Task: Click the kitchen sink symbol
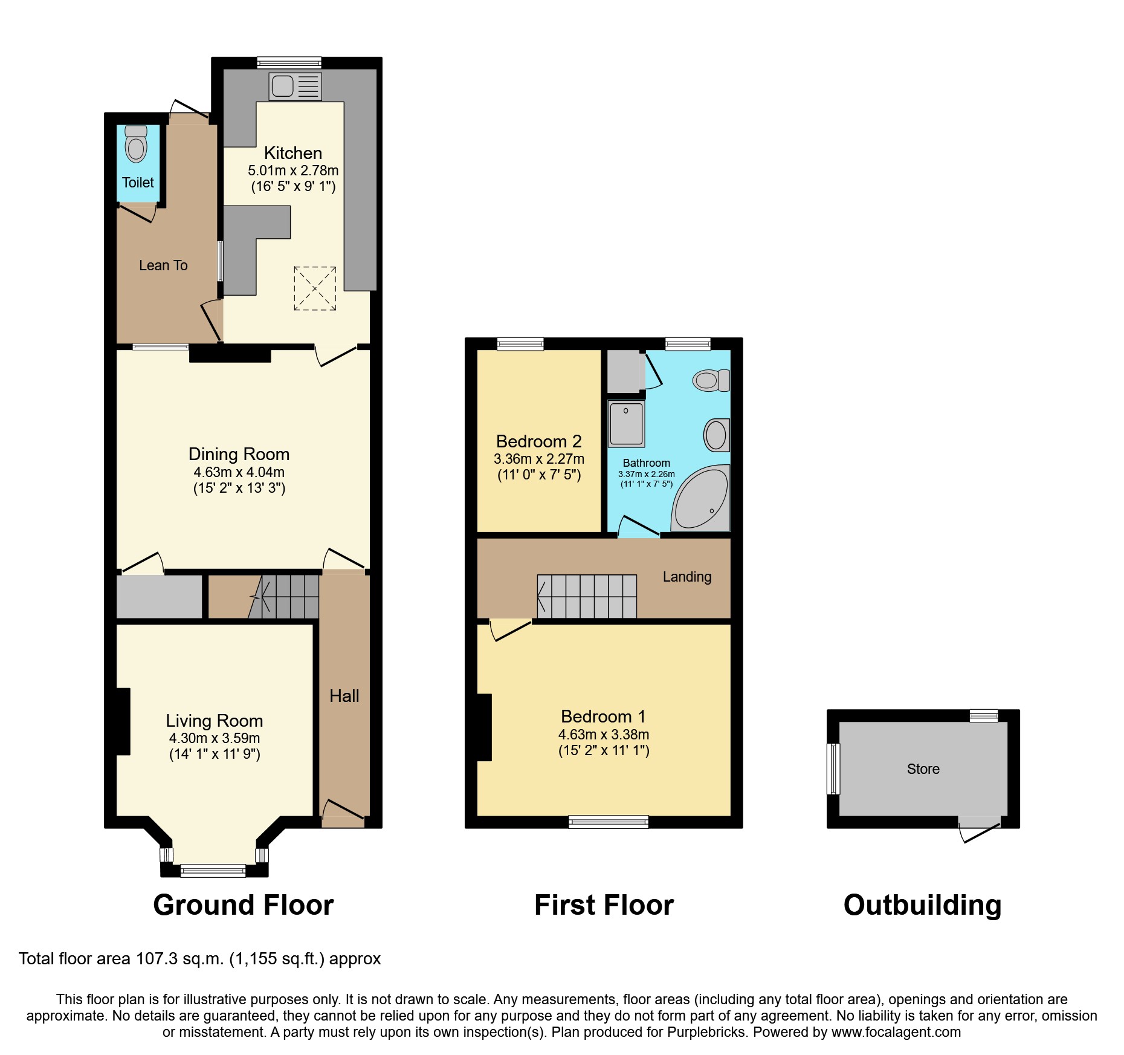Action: tap(295, 86)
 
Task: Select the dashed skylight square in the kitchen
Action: tap(315, 288)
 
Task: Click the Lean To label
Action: tap(163, 265)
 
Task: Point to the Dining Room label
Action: tap(239, 454)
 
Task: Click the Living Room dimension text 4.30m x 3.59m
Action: tap(215, 738)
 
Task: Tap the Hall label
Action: tap(344, 696)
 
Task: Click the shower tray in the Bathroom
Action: tap(626, 423)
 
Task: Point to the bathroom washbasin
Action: tap(716, 435)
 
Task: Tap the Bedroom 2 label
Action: tap(538, 441)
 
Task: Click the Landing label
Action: tap(687, 577)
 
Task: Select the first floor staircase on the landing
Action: tap(587, 596)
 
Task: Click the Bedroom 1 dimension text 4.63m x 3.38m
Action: tap(604, 735)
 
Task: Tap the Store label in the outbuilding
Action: tap(923, 769)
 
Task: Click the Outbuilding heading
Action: tap(922, 905)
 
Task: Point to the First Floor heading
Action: tap(604, 905)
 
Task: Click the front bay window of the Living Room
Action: tap(213, 871)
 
